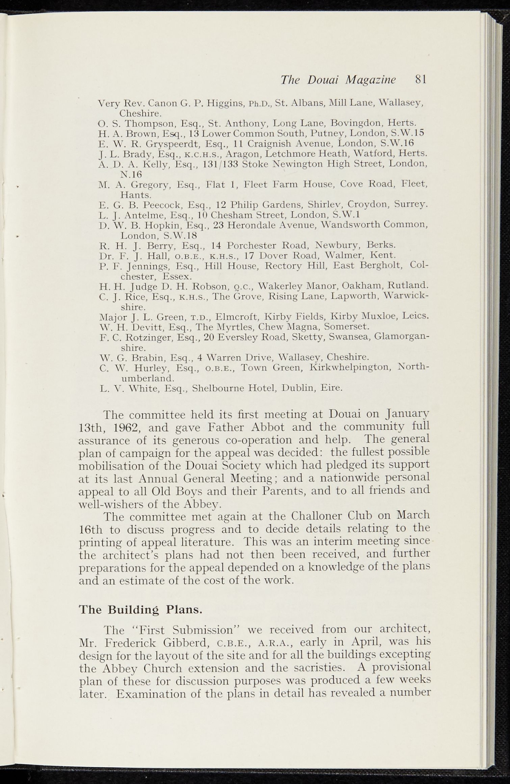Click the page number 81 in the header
click(x=421, y=79)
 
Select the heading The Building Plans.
click(x=140, y=609)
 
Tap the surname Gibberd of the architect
click(x=185, y=642)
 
